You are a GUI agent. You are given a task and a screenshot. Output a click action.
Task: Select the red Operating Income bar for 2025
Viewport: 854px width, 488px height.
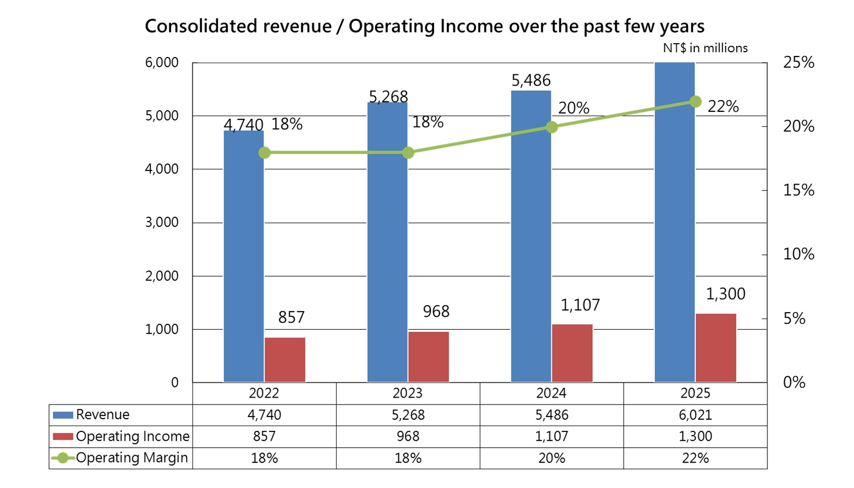click(716, 348)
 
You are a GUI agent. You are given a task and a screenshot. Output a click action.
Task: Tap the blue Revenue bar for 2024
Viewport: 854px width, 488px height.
click(531, 237)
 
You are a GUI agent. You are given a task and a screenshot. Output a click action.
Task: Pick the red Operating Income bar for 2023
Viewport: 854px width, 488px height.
click(429, 357)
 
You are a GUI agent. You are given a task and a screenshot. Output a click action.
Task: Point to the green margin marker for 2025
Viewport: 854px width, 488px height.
click(695, 102)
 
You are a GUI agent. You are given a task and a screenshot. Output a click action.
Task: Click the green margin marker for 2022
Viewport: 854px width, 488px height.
click(264, 153)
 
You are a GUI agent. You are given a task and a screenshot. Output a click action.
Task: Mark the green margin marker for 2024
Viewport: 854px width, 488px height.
click(551, 127)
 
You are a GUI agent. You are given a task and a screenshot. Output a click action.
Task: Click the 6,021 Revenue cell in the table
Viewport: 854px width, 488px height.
click(695, 415)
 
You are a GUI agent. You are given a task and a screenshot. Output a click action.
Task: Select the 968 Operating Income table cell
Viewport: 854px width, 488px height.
click(408, 436)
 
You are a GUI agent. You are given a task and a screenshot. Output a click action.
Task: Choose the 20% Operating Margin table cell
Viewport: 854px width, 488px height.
click(551, 458)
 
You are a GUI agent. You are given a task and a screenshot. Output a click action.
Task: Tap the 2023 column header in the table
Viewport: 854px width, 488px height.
click(408, 393)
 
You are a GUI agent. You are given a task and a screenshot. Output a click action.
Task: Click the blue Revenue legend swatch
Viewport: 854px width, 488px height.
click(63, 415)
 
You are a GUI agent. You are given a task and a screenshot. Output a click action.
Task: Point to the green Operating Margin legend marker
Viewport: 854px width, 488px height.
click(63, 458)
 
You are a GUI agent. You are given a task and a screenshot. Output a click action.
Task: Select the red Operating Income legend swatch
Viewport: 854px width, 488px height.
click(63, 436)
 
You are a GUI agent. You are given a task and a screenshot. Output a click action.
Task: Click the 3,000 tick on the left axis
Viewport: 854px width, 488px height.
click(161, 222)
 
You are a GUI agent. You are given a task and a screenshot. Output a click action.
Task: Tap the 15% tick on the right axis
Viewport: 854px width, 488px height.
click(799, 190)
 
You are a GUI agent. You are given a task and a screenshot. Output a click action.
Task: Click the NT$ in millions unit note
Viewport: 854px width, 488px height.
click(705, 48)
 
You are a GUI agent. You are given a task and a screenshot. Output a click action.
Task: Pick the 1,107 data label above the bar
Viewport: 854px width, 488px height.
click(580, 305)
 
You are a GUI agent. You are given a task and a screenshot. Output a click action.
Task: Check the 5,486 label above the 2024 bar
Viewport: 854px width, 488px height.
click(531, 81)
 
